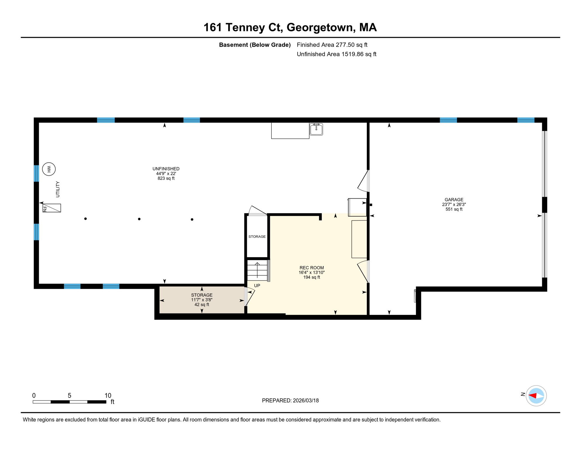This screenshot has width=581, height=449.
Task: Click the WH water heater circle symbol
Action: [x=49, y=169]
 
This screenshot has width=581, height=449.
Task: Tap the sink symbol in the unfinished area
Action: [x=316, y=129]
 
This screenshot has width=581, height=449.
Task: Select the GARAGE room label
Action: [x=454, y=200]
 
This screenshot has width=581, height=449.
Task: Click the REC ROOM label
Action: [x=312, y=268]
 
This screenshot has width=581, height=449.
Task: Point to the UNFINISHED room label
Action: [x=166, y=169]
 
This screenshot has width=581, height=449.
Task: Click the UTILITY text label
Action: [x=58, y=189]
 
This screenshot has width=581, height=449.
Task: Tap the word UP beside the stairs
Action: [x=257, y=286]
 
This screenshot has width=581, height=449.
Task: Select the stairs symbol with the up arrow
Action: [x=257, y=270]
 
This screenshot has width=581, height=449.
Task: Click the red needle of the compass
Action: [x=532, y=396]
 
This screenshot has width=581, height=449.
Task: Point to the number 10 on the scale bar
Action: [x=108, y=396]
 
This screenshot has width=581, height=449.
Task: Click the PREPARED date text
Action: [x=290, y=400]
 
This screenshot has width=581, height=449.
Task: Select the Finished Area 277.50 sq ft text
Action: [x=332, y=45]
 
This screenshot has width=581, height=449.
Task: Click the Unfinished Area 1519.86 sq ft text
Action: [x=336, y=54]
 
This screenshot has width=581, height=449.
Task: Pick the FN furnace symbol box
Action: [x=52, y=208]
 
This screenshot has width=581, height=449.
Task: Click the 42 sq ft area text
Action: [x=202, y=305]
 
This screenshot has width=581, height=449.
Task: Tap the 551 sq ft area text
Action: [x=454, y=209]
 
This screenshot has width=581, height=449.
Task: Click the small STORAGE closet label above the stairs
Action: [x=257, y=236]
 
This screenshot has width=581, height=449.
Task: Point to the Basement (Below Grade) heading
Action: [x=255, y=45]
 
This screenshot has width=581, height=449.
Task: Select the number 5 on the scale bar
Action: [x=70, y=396]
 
